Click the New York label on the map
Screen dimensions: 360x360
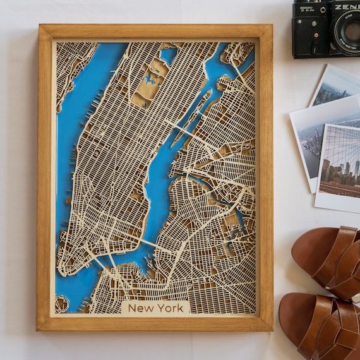[155, 308]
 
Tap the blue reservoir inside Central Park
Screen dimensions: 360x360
[150, 80]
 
